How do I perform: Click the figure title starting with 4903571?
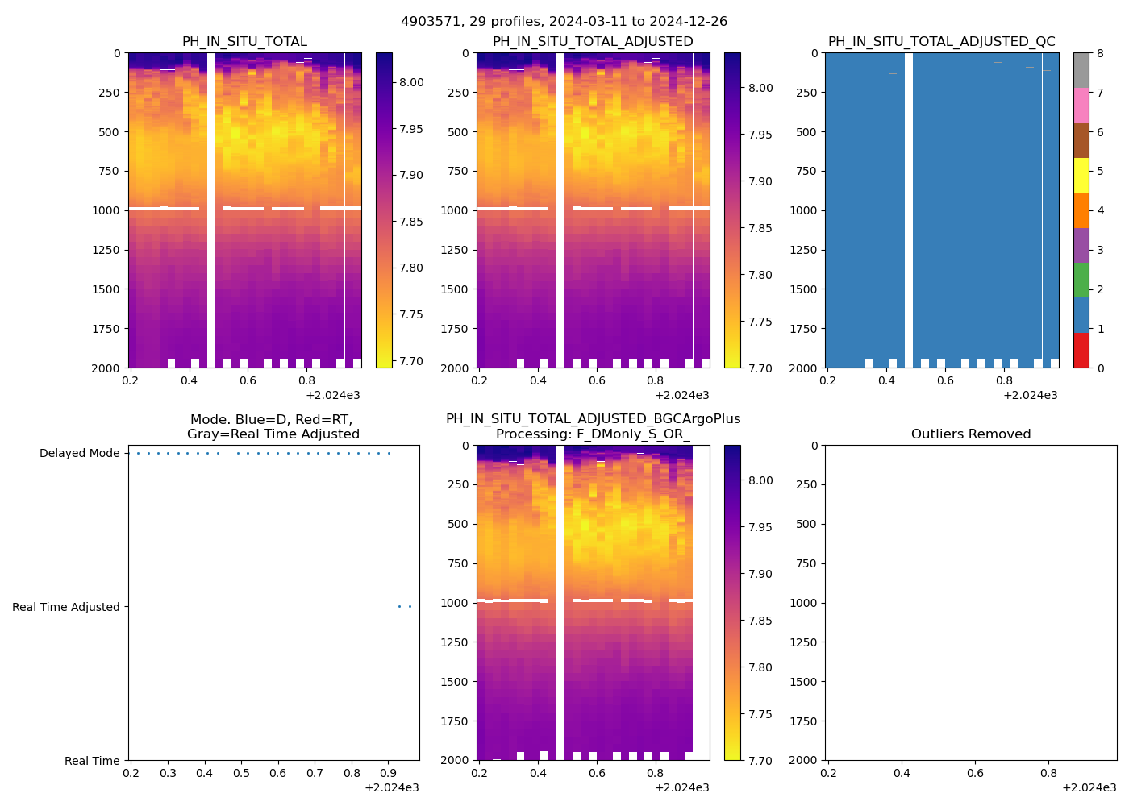(564, 21)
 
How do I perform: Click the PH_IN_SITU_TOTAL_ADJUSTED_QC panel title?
(941, 42)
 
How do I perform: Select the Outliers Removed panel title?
(971, 434)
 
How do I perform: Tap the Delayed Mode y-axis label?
(80, 453)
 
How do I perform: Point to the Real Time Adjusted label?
(66, 607)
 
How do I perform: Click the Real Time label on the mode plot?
(92, 761)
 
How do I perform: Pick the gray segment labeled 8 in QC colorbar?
(1081, 70)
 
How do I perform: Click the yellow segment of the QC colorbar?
(1081, 175)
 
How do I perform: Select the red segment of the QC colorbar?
(1081, 351)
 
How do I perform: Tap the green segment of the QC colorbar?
(1081, 280)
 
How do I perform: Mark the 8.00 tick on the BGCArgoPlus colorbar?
(762, 480)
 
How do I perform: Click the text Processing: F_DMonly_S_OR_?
(593, 434)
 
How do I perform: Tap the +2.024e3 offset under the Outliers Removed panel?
(1089, 787)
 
